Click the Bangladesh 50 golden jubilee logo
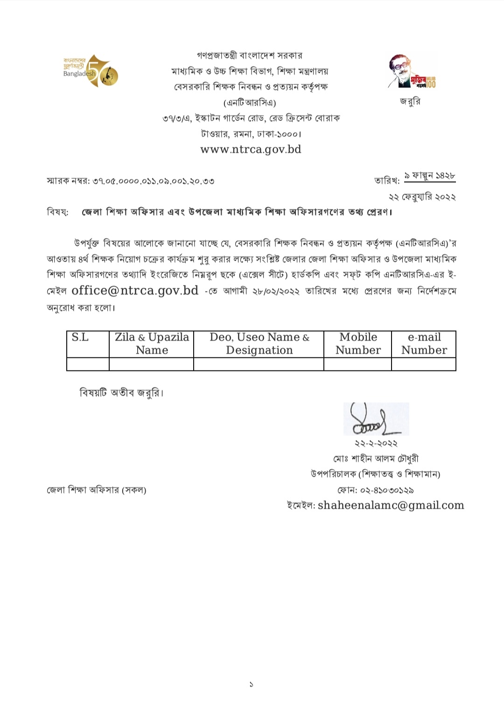coord(91,71)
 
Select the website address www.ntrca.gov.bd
coord(251,150)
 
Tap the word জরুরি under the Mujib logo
coord(410,101)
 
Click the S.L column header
coord(80,338)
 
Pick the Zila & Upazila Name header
coord(152,344)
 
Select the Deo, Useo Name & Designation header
coord(259,344)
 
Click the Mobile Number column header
coord(358,344)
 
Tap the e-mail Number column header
coord(424,344)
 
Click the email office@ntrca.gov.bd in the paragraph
coord(135,291)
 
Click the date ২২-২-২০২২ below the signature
coord(376,443)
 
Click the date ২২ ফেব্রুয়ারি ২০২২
coord(422,197)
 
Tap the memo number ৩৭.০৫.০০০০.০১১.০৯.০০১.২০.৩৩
coord(154,181)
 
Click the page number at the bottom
coord(251,684)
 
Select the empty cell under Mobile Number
coord(357,364)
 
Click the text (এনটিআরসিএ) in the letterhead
coord(250,103)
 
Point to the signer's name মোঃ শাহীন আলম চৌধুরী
coord(376,459)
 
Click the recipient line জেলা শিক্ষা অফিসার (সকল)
coord(97,490)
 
